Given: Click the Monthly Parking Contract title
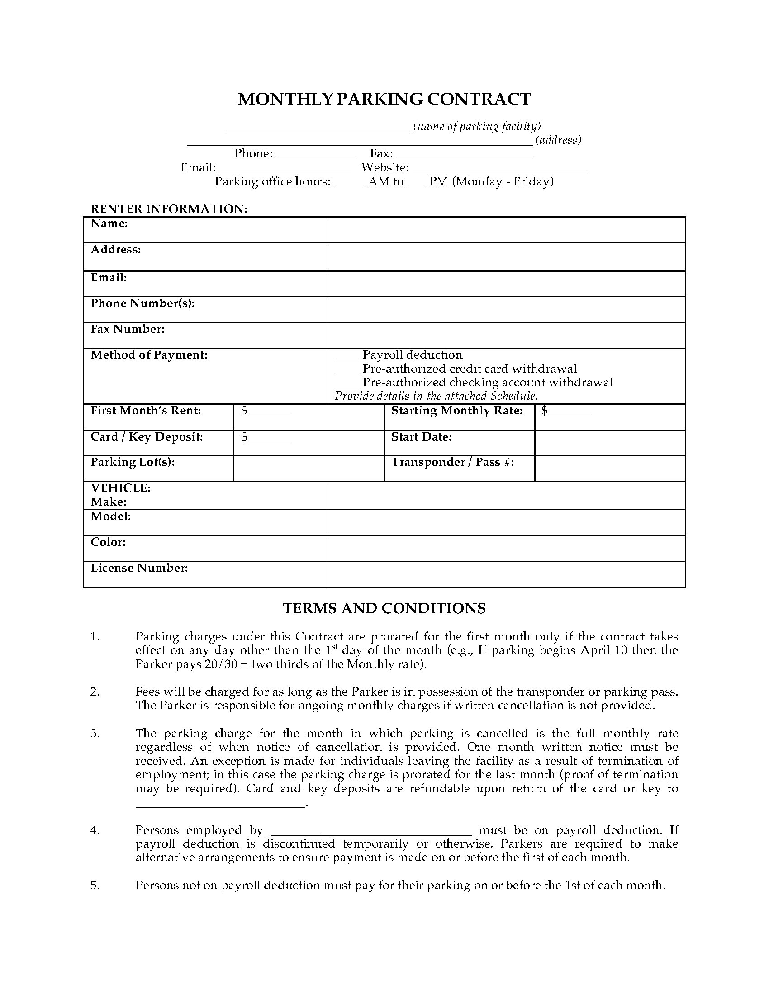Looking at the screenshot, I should [x=384, y=99].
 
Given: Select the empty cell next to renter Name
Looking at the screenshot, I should [x=506, y=230].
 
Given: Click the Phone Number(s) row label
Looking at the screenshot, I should [x=142, y=303].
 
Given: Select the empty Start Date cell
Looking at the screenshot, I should [x=610, y=442].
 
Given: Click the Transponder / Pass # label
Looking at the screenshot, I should [x=453, y=462].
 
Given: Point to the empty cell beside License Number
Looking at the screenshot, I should [x=506, y=573].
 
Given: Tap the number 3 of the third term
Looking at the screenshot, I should [x=94, y=733].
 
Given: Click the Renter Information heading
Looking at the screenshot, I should [x=169, y=209].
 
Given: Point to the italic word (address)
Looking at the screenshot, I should [x=559, y=140].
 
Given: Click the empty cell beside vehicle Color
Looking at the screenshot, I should [x=506, y=548].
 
